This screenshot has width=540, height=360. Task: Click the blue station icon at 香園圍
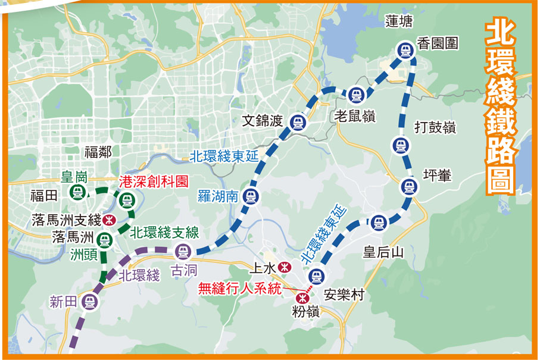(405, 51)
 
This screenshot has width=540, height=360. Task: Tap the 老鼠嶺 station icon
(355, 94)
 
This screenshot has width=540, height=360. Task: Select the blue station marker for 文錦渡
(297, 123)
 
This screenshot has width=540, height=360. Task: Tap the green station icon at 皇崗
(77, 192)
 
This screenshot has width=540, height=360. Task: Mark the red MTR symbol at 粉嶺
(303, 296)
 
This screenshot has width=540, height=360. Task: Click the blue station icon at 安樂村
(317, 276)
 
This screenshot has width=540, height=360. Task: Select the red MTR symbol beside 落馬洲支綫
(109, 220)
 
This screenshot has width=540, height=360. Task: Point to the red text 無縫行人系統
(239, 289)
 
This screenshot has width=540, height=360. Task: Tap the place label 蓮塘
(399, 22)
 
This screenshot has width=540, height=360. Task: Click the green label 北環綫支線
(164, 232)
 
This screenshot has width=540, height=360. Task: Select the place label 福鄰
(98, 152)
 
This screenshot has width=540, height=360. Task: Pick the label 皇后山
(383, 252)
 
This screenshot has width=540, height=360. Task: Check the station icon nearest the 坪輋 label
(408, 187)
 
